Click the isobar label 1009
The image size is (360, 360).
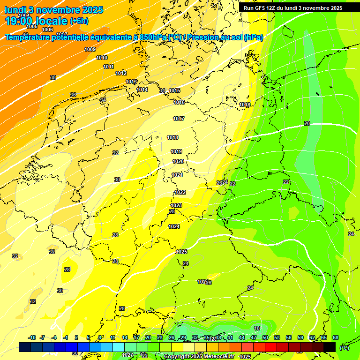pos(90,49)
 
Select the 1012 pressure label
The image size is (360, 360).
pos(121,73)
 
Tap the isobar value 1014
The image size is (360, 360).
pos(142,90)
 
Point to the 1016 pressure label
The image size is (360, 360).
pos(179,102)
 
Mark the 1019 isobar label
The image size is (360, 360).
pos(176,151)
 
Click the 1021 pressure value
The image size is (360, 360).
pos(177,175)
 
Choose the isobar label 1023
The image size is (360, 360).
pos(176,205)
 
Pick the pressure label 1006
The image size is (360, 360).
pos(47,30)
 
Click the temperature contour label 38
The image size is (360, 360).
pos(53,77)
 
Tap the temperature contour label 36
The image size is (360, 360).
pos(73,95)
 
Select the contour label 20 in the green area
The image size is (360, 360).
pos(307,123)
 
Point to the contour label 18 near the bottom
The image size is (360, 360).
pos(257,328)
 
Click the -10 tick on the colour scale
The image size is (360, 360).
pos(32,337)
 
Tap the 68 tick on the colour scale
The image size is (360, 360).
pos(336,337)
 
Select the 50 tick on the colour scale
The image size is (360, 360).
pos(265,337)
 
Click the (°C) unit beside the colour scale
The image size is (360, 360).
pos(344,347)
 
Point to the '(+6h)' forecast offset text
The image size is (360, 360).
pos(79,21)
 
